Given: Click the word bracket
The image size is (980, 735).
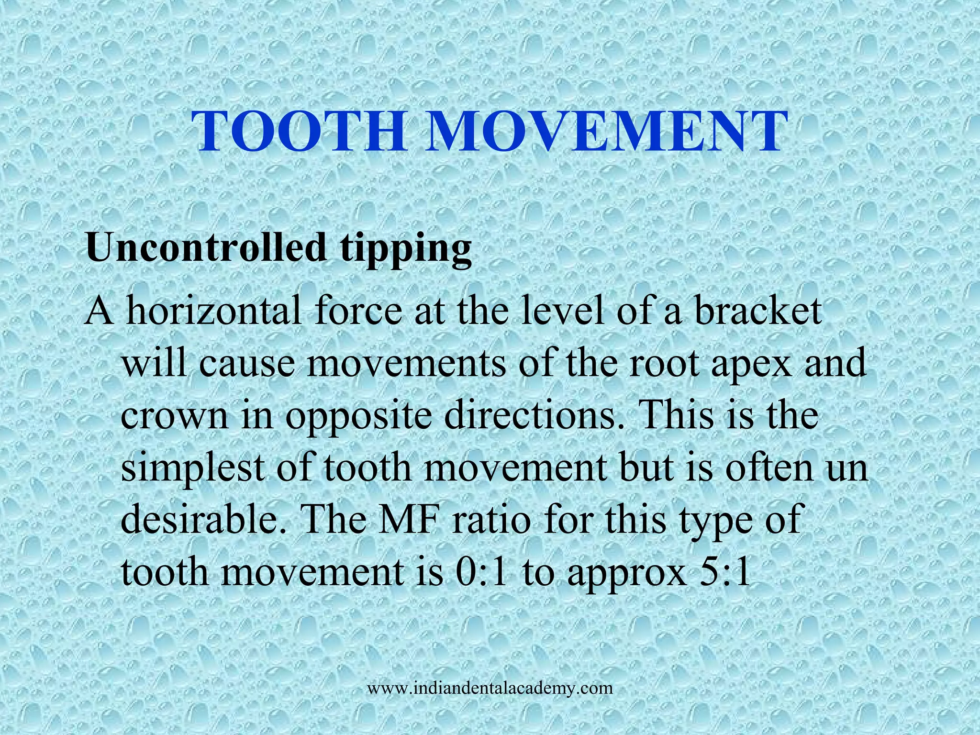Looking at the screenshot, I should click(758, 311).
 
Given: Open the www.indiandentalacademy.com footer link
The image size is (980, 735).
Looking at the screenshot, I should click(490, 689).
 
